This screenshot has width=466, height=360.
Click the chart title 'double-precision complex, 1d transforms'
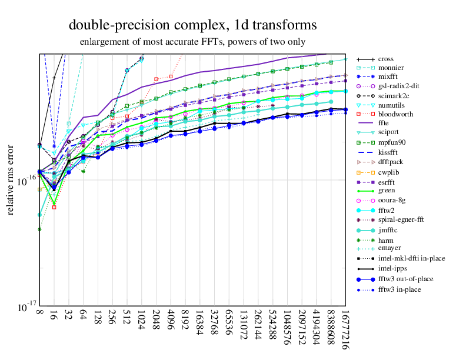click(x=193, y=25)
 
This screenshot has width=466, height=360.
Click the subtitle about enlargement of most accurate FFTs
click(x=192, y=42)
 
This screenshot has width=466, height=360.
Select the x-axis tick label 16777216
click(x=345, y=329)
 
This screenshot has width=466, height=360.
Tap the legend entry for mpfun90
click(x=392, y=142)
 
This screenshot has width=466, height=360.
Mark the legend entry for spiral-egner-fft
click(x=401, y=219)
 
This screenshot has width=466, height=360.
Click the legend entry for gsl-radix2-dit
click(x=398, y=85)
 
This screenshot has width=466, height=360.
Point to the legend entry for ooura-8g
click(x=392, y=200)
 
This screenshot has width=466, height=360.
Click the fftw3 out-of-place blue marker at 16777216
click(x=345, y=109)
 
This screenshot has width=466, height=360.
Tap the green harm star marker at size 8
click(x=39, y=229)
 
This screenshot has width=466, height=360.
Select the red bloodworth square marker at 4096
click(x=171, y=76)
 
